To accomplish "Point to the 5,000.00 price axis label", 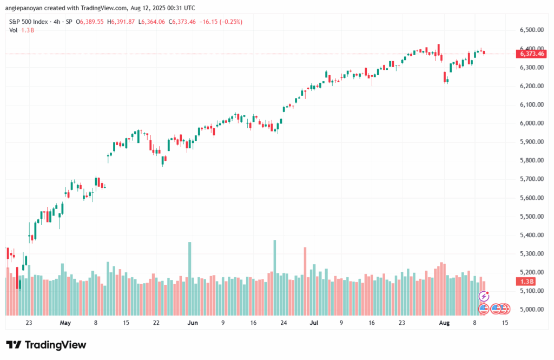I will tap(531, 310).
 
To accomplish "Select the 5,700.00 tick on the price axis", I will tap(531, 179).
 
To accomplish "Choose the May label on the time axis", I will tap(65, 323).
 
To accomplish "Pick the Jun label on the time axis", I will tap(193, 323).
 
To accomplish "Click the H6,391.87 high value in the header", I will tap(122, 22).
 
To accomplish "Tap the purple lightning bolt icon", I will tap(484, 296).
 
